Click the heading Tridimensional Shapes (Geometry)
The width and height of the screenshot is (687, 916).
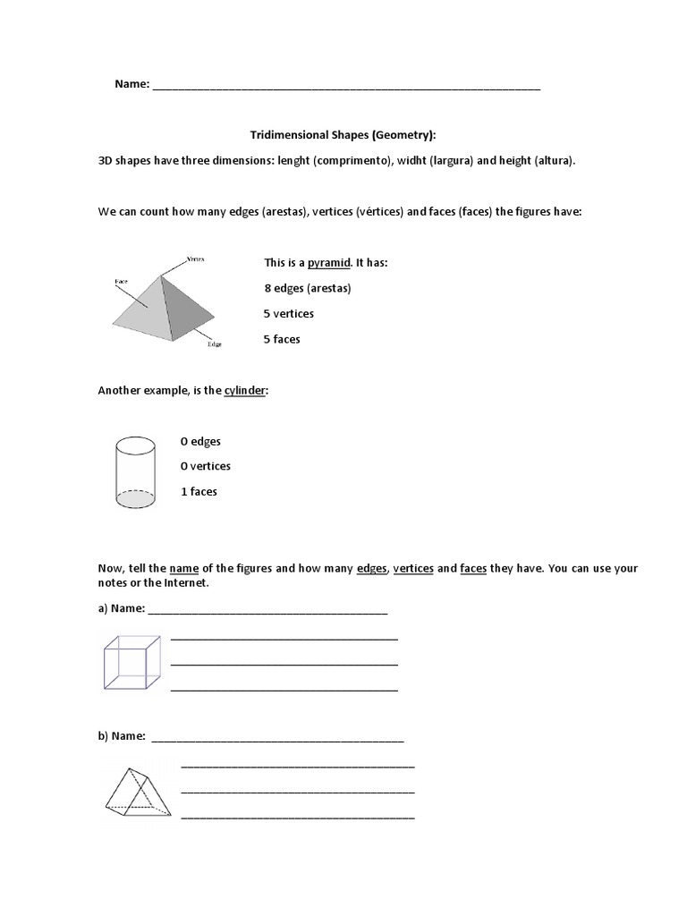tap(343, 135)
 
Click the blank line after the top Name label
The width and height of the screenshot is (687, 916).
tap(346, 88)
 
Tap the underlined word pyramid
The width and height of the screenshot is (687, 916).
tap(328, 263)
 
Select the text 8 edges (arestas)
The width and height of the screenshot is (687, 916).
tap(308, 288)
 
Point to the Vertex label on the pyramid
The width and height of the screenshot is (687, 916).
tap(195, 259)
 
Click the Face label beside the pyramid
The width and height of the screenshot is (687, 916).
tap(121, 282)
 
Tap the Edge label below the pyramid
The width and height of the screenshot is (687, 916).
tap(215, 343)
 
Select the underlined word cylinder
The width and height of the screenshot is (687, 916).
tap(244, 391)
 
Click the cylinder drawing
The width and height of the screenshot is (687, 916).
tap(135, 471)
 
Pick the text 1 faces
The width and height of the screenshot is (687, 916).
tap(199, 492)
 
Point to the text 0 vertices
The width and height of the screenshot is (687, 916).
tap(205, 466)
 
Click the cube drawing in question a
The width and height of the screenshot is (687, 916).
tap(132, 663)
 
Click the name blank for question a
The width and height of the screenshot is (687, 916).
tap(267, 613)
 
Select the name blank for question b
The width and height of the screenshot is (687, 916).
tap(277, 739)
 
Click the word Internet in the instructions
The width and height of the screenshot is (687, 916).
tap(186, 583)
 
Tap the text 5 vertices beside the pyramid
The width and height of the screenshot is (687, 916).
tap(289, 314)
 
